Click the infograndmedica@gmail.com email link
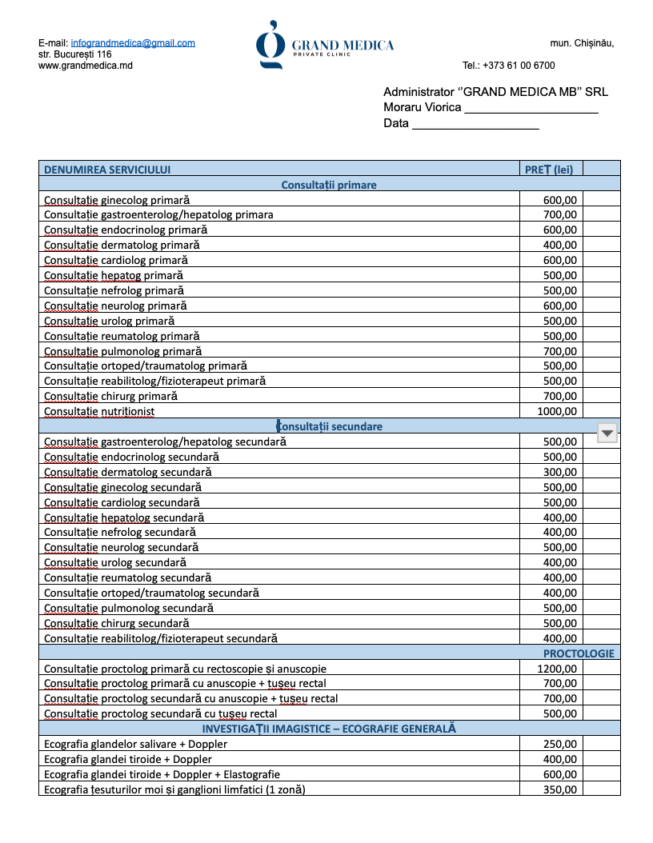(133, 43)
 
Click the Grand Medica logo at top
(325, 45)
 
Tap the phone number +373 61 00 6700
(508, 66)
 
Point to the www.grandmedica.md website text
(86, 66)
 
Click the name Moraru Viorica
(422, 107)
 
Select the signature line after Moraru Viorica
(531, 109)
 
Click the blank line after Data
(475, 124)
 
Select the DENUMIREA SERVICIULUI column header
(107, 170)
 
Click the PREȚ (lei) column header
(549, 170)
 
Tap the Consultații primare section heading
(329, 185)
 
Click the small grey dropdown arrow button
(608, 433)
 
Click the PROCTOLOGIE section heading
(579, 653)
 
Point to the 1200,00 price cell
(557, 669)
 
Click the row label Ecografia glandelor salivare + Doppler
(135, 744)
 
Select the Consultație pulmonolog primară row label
(122, 351)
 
